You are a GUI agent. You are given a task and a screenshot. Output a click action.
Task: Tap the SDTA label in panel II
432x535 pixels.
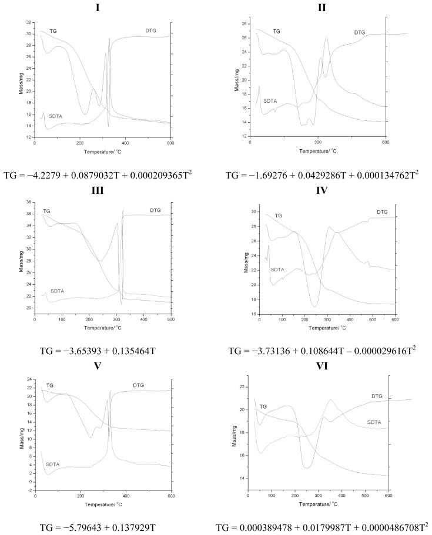click(270, 100)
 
